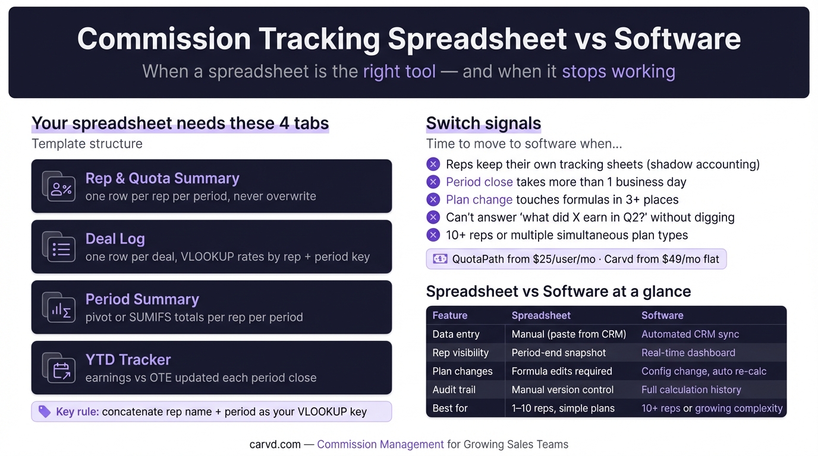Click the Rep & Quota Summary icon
point(59,186)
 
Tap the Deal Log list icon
point(59,246)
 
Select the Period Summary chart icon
point(59,307)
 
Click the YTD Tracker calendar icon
point(59,368)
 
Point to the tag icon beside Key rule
point(45,411)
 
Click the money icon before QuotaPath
point(440,259)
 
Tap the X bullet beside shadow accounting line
point(433,164)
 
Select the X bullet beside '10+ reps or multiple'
point(433,235)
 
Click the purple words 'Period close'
point(479,182)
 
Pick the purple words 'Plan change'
point(479,199)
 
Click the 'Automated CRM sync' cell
point(690,334)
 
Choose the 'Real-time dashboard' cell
point(688,353)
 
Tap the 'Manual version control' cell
point(562,389)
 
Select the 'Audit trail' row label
point(454,389)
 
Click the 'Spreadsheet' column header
point(541,315)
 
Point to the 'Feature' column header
point(450,315)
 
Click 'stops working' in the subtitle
point(619,71)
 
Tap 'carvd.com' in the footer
point(275,444)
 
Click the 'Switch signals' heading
point(483,123)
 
